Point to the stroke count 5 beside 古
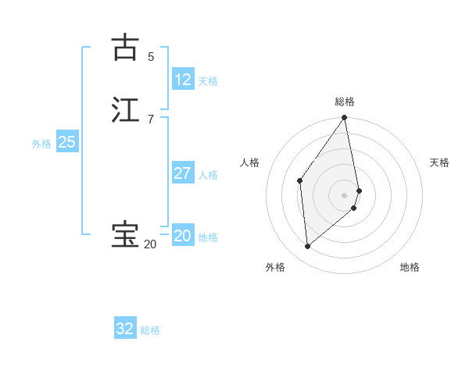(x=151, y=56)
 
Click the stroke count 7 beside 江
(x=151, y=119)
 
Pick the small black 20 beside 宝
(x=150, y=244)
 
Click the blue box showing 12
(x=183, y=80)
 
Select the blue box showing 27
(x=183, y=173)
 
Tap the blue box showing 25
(x=66, y=142)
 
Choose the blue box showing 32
(x=125, y=329)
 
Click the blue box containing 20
(x=183, y=236)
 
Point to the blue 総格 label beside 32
(x=150, y=330)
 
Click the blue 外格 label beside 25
(x=41, y=144)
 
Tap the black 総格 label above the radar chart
(x=345, y=102)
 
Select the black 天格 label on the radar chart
(x=439, y=162)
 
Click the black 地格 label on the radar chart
(x=410, y=267)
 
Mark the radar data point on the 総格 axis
(x=345, y=118)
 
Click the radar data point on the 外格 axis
(x=308, y=246)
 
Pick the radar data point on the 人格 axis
(x=300, y=181)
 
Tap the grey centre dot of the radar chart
(x=345, y=194)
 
